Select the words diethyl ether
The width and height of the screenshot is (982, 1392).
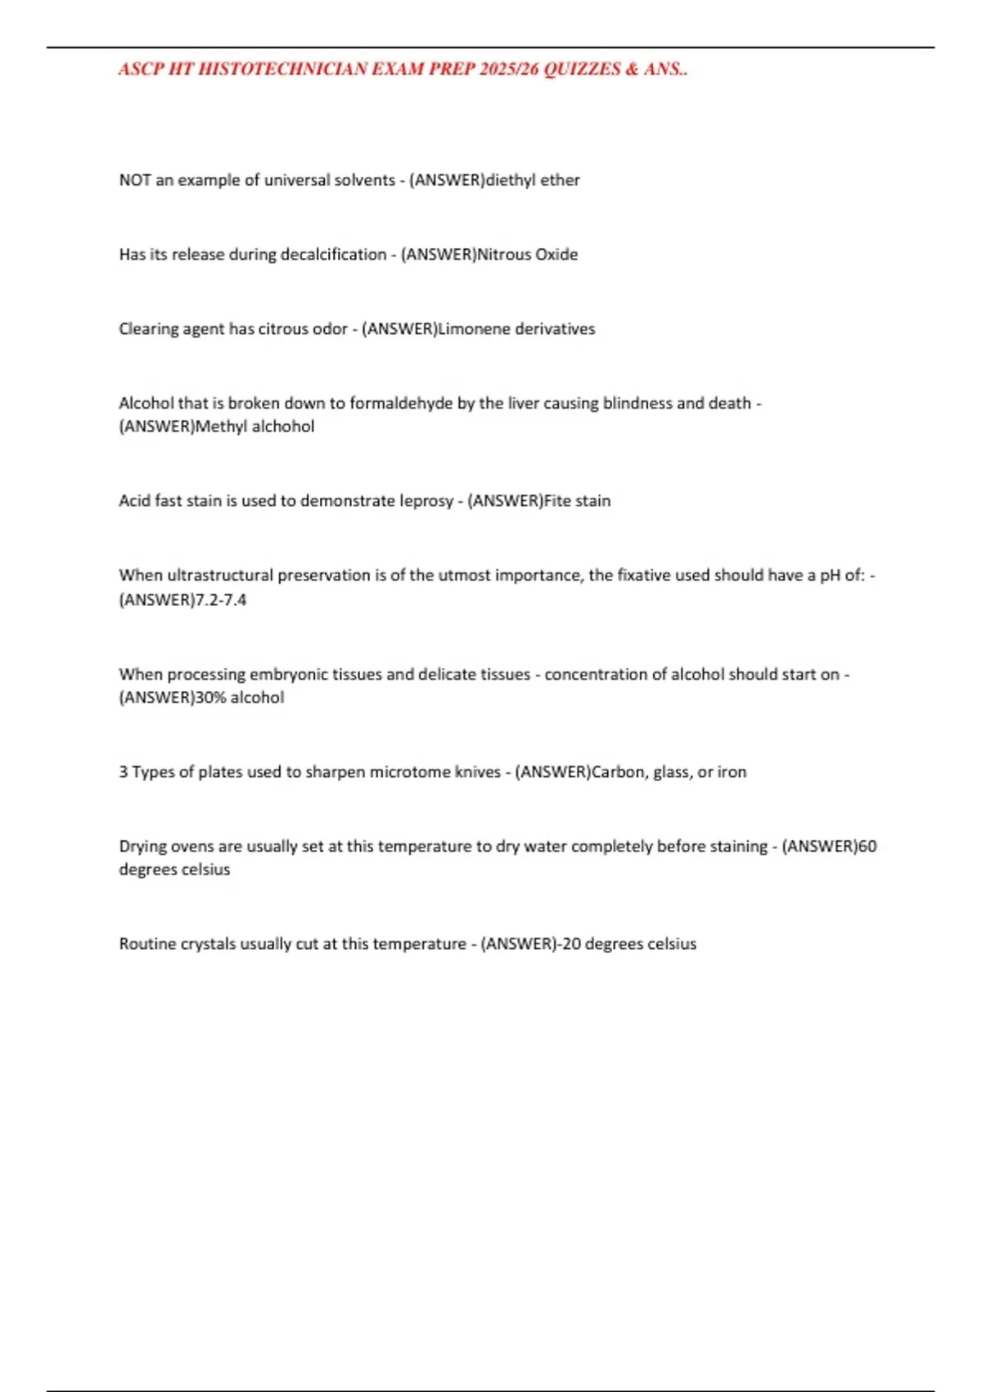tap(533, 180)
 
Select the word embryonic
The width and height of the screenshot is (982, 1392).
tap(289, 675)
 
